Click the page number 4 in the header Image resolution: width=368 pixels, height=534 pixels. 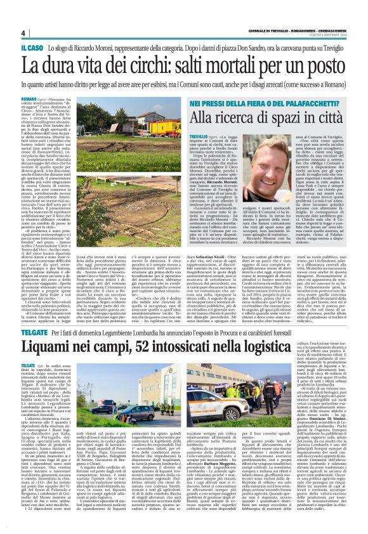[23, 34]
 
